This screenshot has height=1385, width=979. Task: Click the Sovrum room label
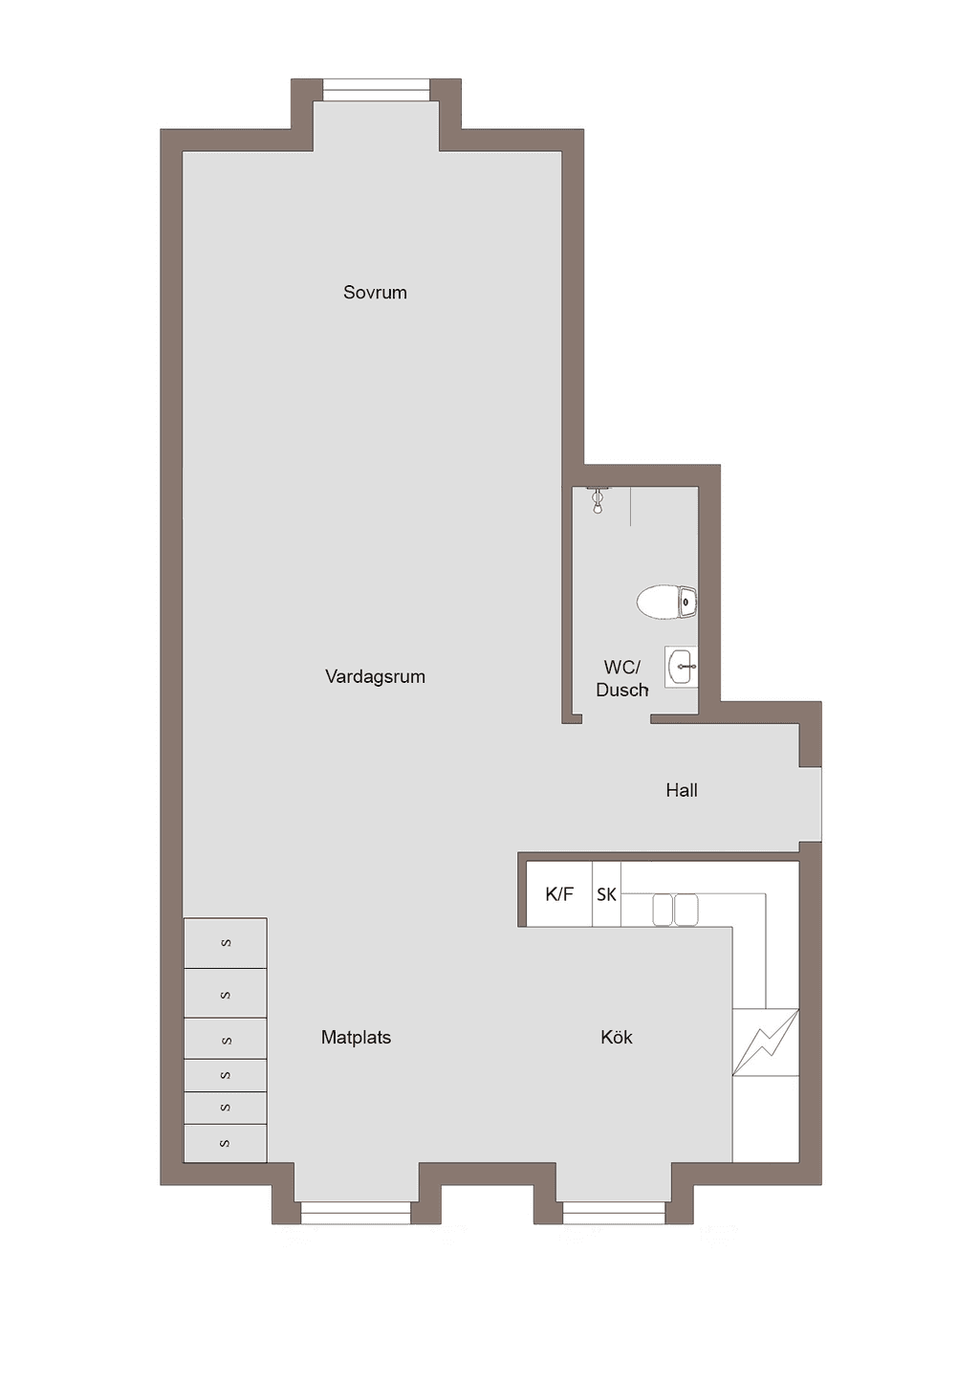pos(375,292)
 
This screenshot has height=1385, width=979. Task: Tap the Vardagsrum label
pos(375,676)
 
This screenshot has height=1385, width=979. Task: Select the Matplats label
pos(356,1037)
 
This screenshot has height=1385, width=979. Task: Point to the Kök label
pos(617,1037)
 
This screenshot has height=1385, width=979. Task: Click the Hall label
pos(682,789)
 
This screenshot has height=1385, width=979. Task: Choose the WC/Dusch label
pos(621,678)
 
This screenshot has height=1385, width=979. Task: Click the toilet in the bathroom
pos(667,602)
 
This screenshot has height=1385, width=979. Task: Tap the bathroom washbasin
pos(681,667)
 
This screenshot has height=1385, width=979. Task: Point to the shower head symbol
pos(598,499)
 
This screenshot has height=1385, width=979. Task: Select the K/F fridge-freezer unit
pos(559,894)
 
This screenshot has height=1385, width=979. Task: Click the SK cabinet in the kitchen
pos(606,894)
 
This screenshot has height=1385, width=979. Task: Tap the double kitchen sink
pos(676,910)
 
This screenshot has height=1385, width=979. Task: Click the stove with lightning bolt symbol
pos(766,1044)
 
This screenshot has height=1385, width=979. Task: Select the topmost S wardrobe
pos(226,943)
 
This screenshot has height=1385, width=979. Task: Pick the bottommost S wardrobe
pos(226,1143)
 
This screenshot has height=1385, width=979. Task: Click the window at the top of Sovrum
pos(376,90)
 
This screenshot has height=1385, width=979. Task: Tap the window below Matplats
pos(356,1213)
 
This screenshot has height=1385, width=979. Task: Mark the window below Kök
pos(614,1213)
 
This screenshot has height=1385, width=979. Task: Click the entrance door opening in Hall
pos(811,803)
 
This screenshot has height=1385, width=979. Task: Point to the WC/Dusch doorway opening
pos(617,718)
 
